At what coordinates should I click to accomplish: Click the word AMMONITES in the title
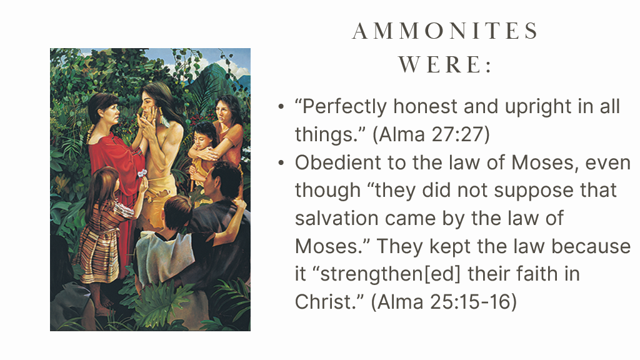pos(445,31)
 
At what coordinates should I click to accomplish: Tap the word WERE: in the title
pos(445,64)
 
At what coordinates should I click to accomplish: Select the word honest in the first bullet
pos(425,106)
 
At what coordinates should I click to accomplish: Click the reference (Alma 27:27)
pos(431,134)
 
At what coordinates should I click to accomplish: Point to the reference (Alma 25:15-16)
pos(444,302)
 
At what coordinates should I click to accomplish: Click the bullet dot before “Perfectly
pos(281,107)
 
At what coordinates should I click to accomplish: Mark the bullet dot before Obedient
pos(281,163)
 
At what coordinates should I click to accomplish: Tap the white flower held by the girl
pos(142,174)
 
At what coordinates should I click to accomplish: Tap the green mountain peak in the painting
pos(214,77)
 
